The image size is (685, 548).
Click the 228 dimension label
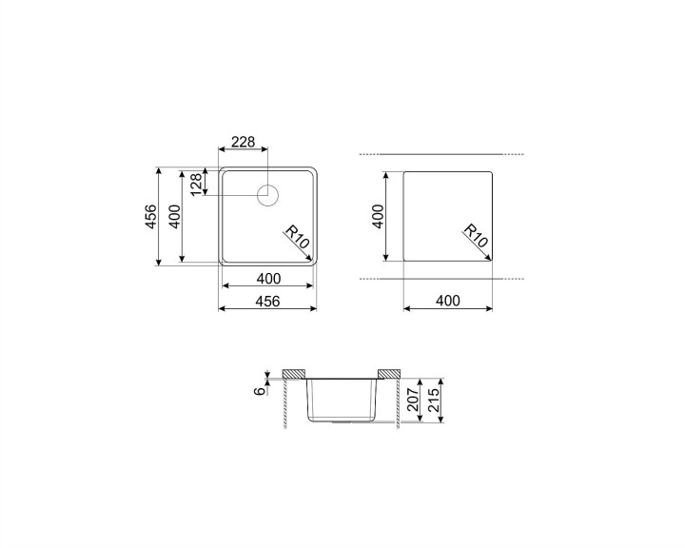point(243,142)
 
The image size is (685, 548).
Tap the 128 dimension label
point(196,184)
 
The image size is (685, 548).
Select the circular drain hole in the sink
point(267,195)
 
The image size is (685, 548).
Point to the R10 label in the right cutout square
point(476,236)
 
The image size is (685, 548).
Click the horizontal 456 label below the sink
point(267,301)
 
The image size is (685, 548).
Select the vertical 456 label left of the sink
point(150,216)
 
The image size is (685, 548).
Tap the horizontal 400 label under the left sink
point(268,279)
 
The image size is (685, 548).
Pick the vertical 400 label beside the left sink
point(174,216)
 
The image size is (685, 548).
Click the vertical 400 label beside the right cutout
point(379,216)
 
